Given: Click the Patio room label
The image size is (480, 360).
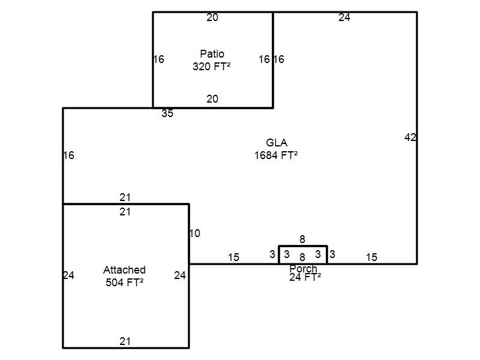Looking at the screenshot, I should [212, 55].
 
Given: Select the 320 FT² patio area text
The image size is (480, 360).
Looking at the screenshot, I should [212, 67].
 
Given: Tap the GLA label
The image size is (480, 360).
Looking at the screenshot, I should [276, 143].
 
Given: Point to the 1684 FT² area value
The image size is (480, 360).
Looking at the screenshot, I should [276, 155].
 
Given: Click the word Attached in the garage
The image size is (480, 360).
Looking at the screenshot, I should [124, 270].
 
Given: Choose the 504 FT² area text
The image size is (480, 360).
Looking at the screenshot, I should [124, 283].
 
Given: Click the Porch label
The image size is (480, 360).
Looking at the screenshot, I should [303, 268].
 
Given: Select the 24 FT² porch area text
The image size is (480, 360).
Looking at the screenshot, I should [305, 277].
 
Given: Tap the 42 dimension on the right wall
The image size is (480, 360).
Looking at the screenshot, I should [410, 137].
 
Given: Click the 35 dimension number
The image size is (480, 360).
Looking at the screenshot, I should [167, 113].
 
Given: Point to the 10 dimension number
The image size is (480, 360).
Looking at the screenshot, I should [194, 233].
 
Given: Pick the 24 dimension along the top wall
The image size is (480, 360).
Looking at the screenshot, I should [344, 17].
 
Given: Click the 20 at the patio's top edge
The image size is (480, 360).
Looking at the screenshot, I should [212, 17].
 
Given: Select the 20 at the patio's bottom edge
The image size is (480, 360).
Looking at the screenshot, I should [212, 99].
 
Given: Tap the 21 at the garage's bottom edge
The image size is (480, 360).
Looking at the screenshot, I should [125, 341].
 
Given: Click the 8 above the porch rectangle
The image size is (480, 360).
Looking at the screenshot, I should [302, 240].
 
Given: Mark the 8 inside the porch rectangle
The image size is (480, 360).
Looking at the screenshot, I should [302, 257].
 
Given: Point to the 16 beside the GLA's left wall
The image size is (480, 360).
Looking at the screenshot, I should [68, 155].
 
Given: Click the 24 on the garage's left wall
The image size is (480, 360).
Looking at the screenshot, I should [68, 275].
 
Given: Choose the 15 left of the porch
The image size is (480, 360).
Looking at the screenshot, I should [233, 257].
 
